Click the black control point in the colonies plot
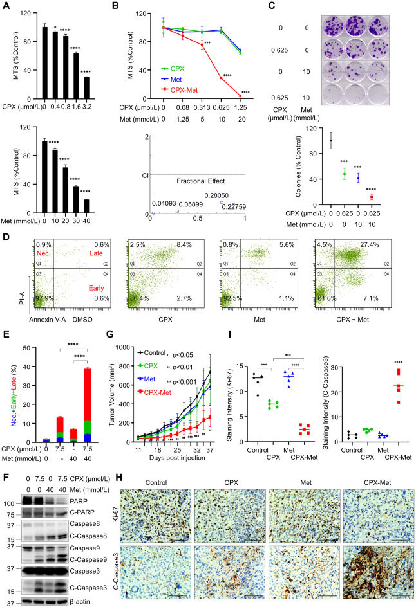[x=331, y=140]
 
